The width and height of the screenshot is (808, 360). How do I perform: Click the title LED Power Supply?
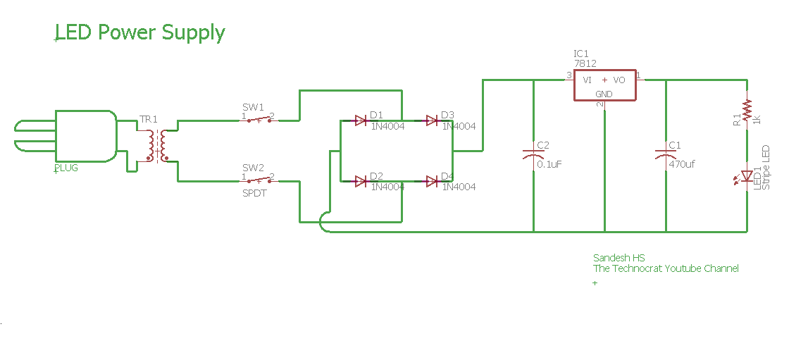140,32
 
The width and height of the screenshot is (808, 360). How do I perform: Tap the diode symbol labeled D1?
361,120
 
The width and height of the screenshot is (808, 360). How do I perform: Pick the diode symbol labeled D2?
361,182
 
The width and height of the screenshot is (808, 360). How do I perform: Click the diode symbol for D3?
432,120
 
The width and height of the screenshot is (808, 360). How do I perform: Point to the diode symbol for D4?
432,182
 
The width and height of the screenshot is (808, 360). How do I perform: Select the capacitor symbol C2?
533,154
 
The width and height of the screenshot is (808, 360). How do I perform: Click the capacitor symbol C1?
666,154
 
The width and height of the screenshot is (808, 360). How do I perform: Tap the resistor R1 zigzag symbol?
747,109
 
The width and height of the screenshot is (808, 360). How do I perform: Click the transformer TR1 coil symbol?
156,145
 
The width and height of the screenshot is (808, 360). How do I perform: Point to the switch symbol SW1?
257,120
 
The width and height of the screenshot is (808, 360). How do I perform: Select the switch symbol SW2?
257,181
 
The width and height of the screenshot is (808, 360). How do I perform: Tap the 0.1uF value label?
549,164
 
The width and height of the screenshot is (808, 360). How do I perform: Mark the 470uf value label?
682,164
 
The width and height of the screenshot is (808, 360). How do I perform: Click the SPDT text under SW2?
254,193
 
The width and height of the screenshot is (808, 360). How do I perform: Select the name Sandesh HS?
619,258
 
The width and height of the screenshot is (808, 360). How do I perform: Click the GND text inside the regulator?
604,94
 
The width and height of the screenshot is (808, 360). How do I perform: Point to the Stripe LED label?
766,168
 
